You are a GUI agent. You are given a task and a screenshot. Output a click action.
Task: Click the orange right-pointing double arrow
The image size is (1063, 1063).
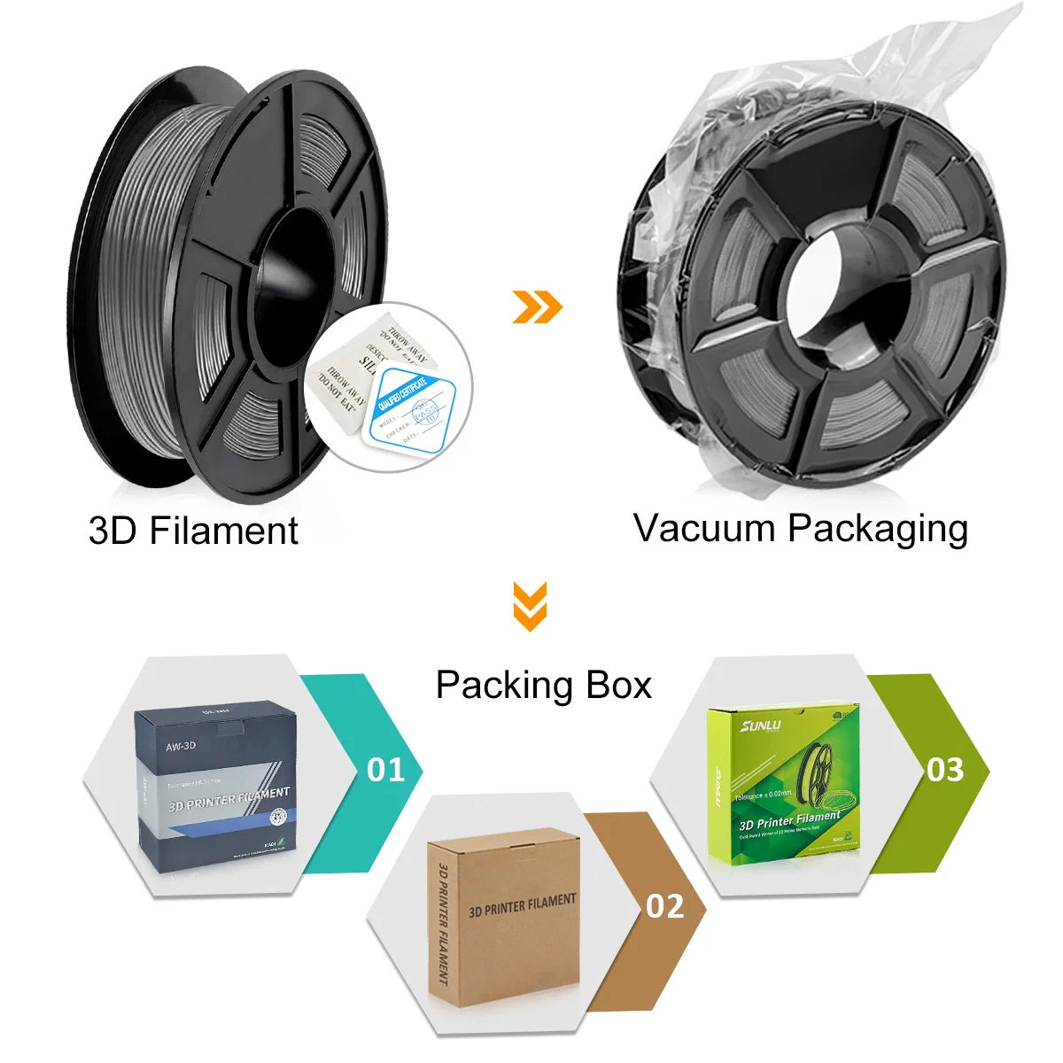coord(537,306)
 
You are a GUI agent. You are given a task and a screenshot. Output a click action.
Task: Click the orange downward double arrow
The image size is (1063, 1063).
coord(530,606)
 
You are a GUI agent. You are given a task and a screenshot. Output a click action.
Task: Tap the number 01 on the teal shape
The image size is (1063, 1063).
coord(386,769)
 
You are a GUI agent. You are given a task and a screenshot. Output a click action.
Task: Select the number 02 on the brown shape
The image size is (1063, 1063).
coord(665,906)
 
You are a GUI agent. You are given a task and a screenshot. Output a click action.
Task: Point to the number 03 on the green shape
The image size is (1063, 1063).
coord(945,769)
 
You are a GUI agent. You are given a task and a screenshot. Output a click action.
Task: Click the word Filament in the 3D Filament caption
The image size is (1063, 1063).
coord(223,531)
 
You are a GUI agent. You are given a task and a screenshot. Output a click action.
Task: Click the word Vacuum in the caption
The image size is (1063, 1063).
coord(704,529)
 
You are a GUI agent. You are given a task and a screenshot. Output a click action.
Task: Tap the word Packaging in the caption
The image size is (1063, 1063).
coord(878,530)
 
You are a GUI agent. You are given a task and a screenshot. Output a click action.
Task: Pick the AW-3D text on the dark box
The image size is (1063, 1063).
coord(181,746)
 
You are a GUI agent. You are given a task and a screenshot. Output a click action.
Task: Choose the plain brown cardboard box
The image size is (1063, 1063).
coord(501,921)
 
